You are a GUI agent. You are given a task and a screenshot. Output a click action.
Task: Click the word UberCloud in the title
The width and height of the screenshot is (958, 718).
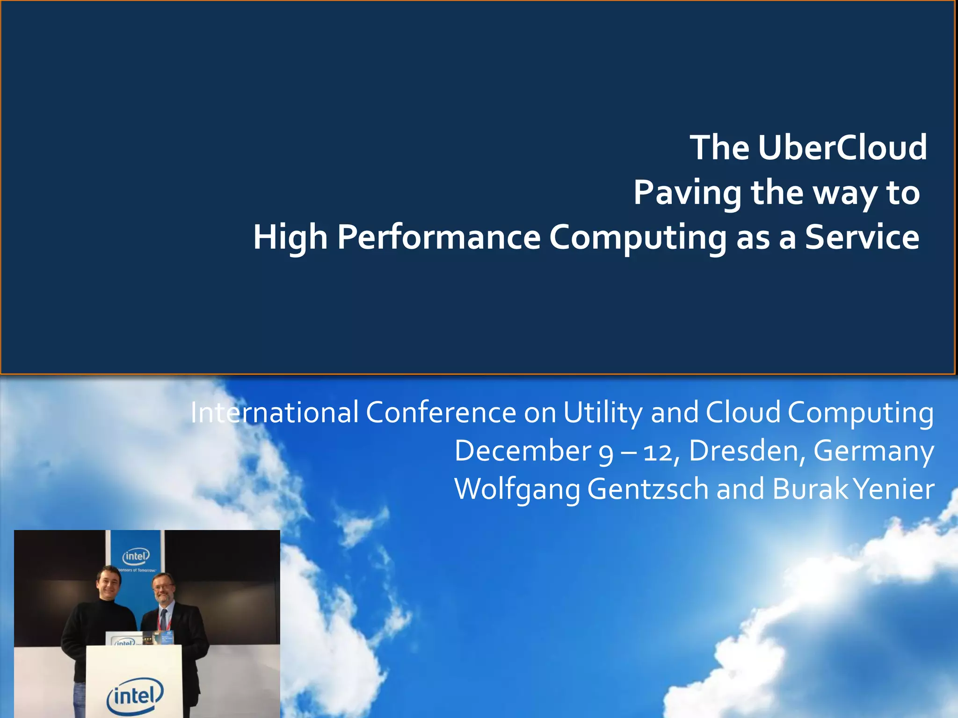pos(842,148)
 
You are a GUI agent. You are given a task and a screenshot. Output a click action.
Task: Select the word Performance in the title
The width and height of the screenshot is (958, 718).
pos(439,237)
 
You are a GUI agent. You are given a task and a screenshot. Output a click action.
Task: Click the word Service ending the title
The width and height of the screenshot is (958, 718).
pos(862,237)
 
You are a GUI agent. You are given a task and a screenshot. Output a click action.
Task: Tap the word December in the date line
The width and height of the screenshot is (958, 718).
pos(523,451)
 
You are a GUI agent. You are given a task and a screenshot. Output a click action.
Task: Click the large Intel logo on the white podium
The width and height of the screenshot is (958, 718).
pos(135,696)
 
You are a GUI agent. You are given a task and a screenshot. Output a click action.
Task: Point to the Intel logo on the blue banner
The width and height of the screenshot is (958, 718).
pos(136,556)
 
